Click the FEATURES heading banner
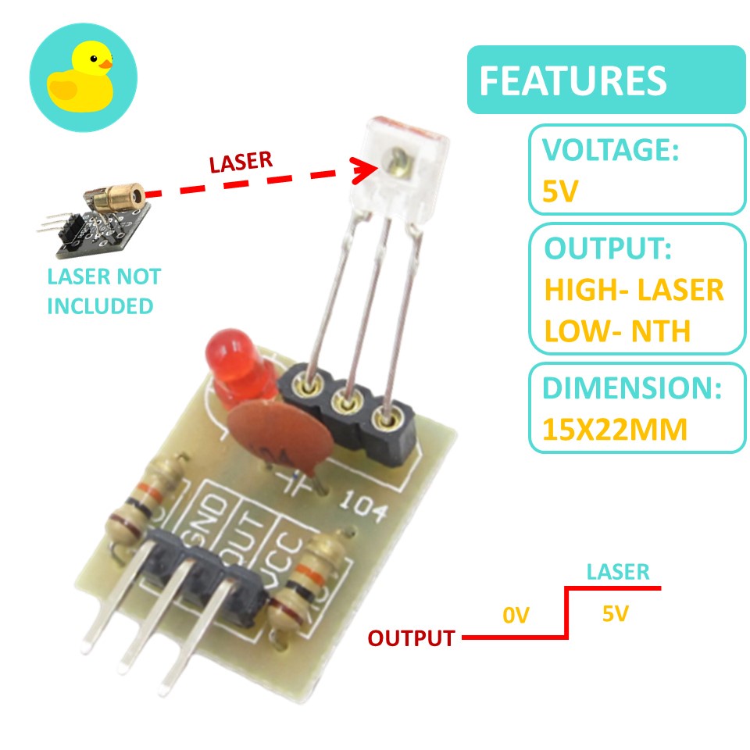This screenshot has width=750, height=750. [x=605, y=80]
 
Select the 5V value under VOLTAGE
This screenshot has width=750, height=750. [x=560, y=191]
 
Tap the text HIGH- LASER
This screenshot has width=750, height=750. [x=634, y=291]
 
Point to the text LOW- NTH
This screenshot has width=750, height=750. [x=616, y=331]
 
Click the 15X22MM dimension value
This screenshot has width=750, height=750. [x=615, y=429]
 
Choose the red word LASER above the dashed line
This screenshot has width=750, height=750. [x=241, y=161]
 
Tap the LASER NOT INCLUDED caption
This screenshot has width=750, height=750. [x=103, y=291]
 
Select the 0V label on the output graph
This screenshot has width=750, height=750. [x=516, y=616]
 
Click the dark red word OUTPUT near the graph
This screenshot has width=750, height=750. [x=411, y=638]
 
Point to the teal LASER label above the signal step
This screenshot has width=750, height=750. [x=618, y=571]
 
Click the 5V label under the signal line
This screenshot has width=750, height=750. [x=615, y=615]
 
